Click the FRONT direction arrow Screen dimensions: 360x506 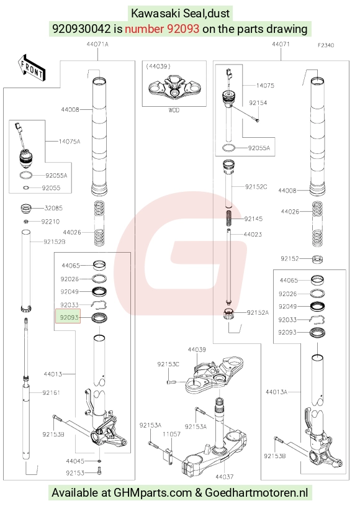pyautogui.click(x=31, y=68)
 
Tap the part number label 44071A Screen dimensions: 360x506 pyautogui.click(x=97, y=44)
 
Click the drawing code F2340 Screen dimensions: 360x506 pyautogui.click(x=326, y=45)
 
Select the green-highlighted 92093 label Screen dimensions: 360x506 pyautogui.click(x=68, y=317)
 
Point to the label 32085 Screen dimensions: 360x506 pyautogui.click(x=53, y=208)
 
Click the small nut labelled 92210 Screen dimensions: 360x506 pyautogui.click(x=27, y=222)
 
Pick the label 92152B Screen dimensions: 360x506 pyautogui.click(x=54, y=242)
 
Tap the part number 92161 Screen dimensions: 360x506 pyautogui.click(x=51, y=393)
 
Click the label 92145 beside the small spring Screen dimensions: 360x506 pyautogui.click(x=253, y=219)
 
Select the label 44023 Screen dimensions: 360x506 pyautogui.click(x=253, y=234)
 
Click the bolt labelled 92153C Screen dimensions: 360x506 pyautogui.click(x=171, y=382)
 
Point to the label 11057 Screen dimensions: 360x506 pyautogui.click(x=171, y=435)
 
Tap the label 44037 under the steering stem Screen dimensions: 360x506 pyautogui.click(x=224, y=476)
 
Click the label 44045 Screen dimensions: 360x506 pyautogui.click(x=75, y=461)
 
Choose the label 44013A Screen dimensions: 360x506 pyautogui.click(x=276, y=392)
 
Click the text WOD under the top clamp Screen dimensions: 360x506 pyautogui.click(x=174, y=110)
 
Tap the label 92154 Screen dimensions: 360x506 pyautogui.click(x=258, y=102)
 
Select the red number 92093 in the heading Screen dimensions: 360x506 pyautogui.click(x=183, y=29)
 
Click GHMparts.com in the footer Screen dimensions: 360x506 pyautogui.click(x=153, y=493)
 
